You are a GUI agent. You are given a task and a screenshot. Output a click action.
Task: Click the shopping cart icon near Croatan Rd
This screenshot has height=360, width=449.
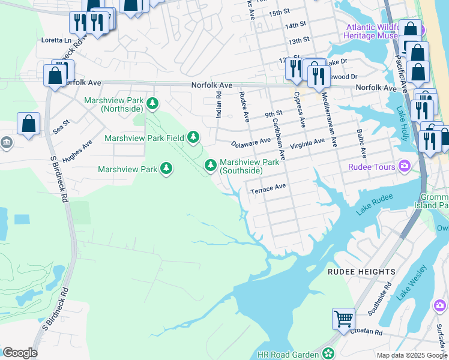coord(343,318)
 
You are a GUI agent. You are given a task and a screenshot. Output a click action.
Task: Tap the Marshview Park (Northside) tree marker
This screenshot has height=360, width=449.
coord(153,104)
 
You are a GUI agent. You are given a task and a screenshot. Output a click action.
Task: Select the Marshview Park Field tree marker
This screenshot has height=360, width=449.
coord(193,138)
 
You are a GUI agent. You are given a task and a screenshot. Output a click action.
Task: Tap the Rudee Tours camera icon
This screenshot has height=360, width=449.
coord(405,167)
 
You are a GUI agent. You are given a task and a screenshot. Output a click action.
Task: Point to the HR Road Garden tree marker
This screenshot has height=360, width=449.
coord(328,354)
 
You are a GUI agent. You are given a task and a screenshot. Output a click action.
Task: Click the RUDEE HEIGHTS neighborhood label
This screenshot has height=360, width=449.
coord(361,272)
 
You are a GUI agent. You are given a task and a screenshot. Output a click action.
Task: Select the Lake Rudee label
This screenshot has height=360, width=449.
coord(375,203)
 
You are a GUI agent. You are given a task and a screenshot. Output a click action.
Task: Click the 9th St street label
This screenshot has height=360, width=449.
coord(274,114)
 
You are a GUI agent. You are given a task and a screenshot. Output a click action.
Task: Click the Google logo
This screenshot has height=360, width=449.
coord(19,353)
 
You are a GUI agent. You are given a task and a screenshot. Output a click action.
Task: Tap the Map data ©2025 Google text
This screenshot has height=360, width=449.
coord(411,355)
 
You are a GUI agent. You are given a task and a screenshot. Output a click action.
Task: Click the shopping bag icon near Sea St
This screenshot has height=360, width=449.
coord(28,124)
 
